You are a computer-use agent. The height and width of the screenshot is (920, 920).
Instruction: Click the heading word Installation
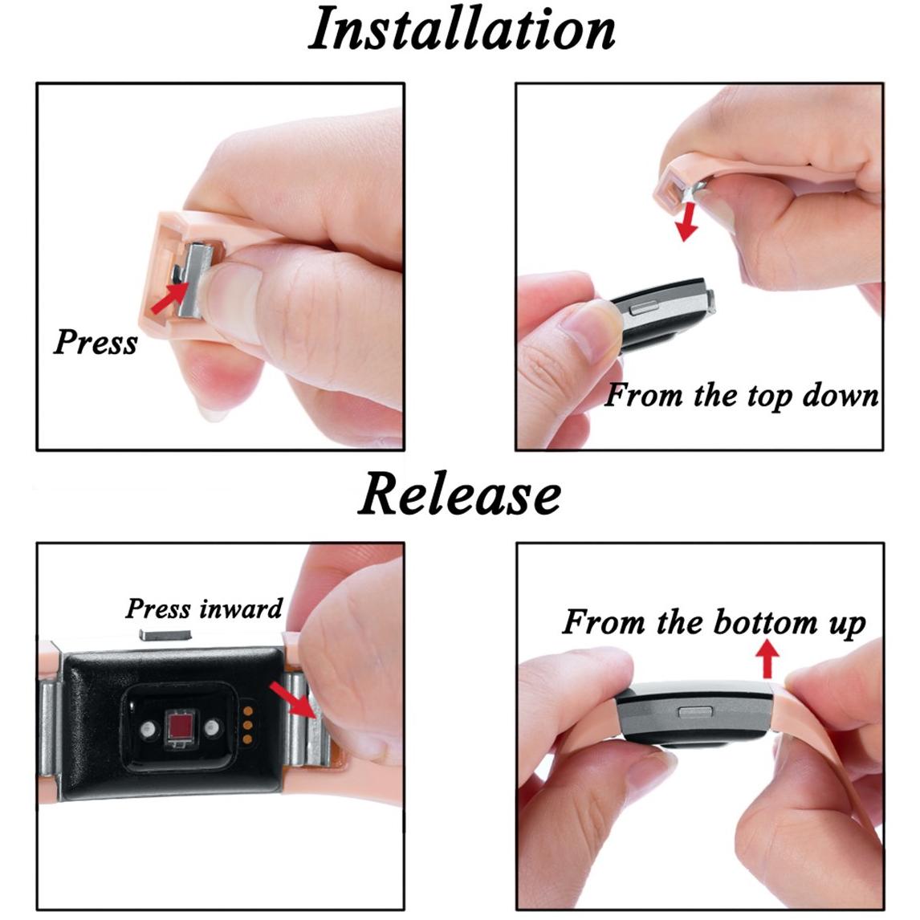[x=462, y=29]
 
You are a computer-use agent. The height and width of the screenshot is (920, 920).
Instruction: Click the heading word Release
[x=459, y=494]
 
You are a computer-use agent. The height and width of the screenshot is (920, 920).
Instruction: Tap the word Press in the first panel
[x=95, y=341]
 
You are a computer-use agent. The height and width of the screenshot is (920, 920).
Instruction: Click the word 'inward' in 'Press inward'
[x=241, y=609]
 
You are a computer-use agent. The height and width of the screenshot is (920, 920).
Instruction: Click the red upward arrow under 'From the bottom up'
[x=767, y=659]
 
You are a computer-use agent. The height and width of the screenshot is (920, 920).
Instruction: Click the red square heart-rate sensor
[x=181, y=727]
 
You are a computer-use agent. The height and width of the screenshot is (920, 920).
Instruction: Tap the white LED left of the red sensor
[x=147, y=729]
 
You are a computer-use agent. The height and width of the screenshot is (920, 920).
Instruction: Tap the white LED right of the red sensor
[x=212, y=728]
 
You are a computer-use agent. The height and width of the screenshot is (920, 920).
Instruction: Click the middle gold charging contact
[x=248, y=725]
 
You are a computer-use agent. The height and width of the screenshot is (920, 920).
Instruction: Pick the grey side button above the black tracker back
[x=165, y=634]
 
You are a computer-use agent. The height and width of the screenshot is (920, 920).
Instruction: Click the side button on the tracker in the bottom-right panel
[x=695, y=712]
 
